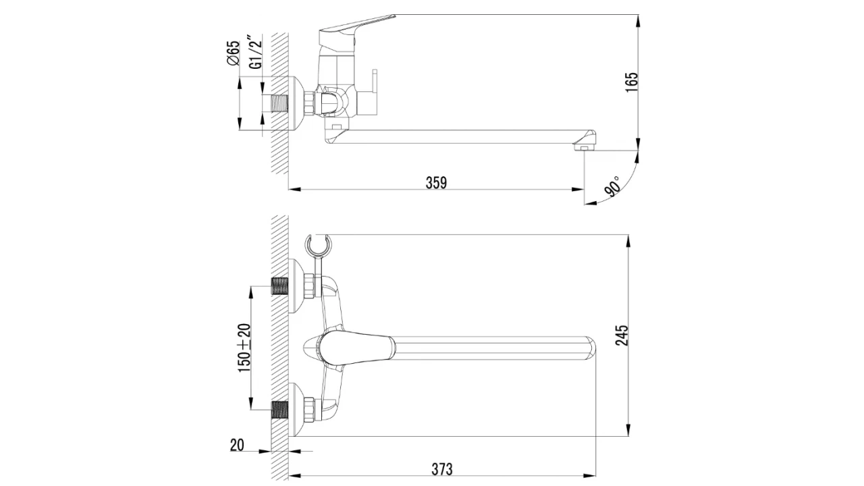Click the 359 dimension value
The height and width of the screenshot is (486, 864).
(x=436, y=183)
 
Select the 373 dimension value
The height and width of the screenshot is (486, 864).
(x=441, y=469)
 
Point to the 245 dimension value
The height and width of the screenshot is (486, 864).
(x=622, y=335)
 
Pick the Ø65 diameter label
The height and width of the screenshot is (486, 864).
(x=234, y=53)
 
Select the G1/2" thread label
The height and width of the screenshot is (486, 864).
(x=256, y=52)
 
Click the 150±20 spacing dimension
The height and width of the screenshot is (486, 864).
(x=244, y=348)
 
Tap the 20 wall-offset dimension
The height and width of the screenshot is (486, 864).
(x=237, y=445)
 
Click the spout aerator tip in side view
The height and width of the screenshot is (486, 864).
(x=585, y=148)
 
